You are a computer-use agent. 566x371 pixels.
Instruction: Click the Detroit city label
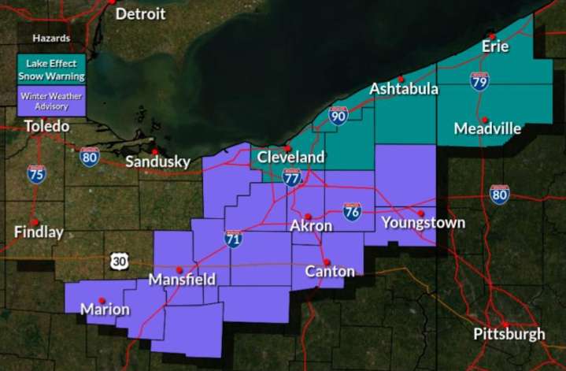coord(140,14)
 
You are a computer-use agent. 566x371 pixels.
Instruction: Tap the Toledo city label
coord(46,126)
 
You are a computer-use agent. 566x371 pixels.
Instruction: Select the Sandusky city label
coord(157,162)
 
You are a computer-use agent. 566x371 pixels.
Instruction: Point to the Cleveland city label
coord(290,158)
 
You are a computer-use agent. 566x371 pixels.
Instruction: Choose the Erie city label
coord(496,46)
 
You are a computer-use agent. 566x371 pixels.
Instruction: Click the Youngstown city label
coord(423,223)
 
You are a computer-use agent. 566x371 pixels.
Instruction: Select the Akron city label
coord(311,226)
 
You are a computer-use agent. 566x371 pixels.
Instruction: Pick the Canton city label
coord(330,272)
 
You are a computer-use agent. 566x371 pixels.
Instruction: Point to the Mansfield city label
coord(182,280)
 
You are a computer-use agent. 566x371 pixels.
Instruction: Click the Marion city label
coord(105,310)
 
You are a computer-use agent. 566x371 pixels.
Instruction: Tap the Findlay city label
coord(39,232)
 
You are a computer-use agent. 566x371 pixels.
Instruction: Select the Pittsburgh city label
coord(509,334)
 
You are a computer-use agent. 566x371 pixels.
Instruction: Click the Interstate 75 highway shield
coord(36,174)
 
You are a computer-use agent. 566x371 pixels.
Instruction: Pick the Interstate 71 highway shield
coord(233,239)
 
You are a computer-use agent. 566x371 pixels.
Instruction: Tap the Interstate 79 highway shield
coord(479,80)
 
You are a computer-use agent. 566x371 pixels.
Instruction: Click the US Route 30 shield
coord(118,262)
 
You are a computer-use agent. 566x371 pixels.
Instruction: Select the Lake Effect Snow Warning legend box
coord(51,69)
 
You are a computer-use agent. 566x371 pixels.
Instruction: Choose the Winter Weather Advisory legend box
coord(51,101)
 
